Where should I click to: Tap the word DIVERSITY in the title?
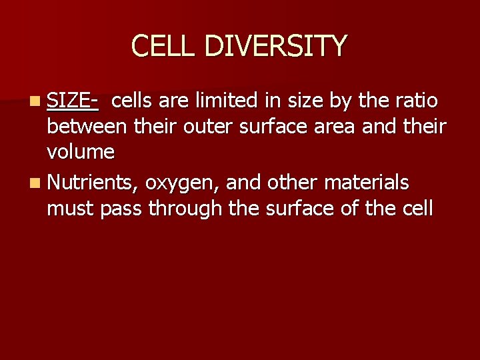pos(275,46)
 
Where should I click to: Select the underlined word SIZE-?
pos(73,101)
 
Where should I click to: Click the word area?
pos(337,127)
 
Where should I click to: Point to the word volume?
pos(81,153)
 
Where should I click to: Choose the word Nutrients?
pos(93,182)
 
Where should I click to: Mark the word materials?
pos(366,182)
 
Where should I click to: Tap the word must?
pos(71,209)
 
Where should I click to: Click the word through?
pos(185,209)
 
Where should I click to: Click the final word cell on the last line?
pos(418,209)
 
